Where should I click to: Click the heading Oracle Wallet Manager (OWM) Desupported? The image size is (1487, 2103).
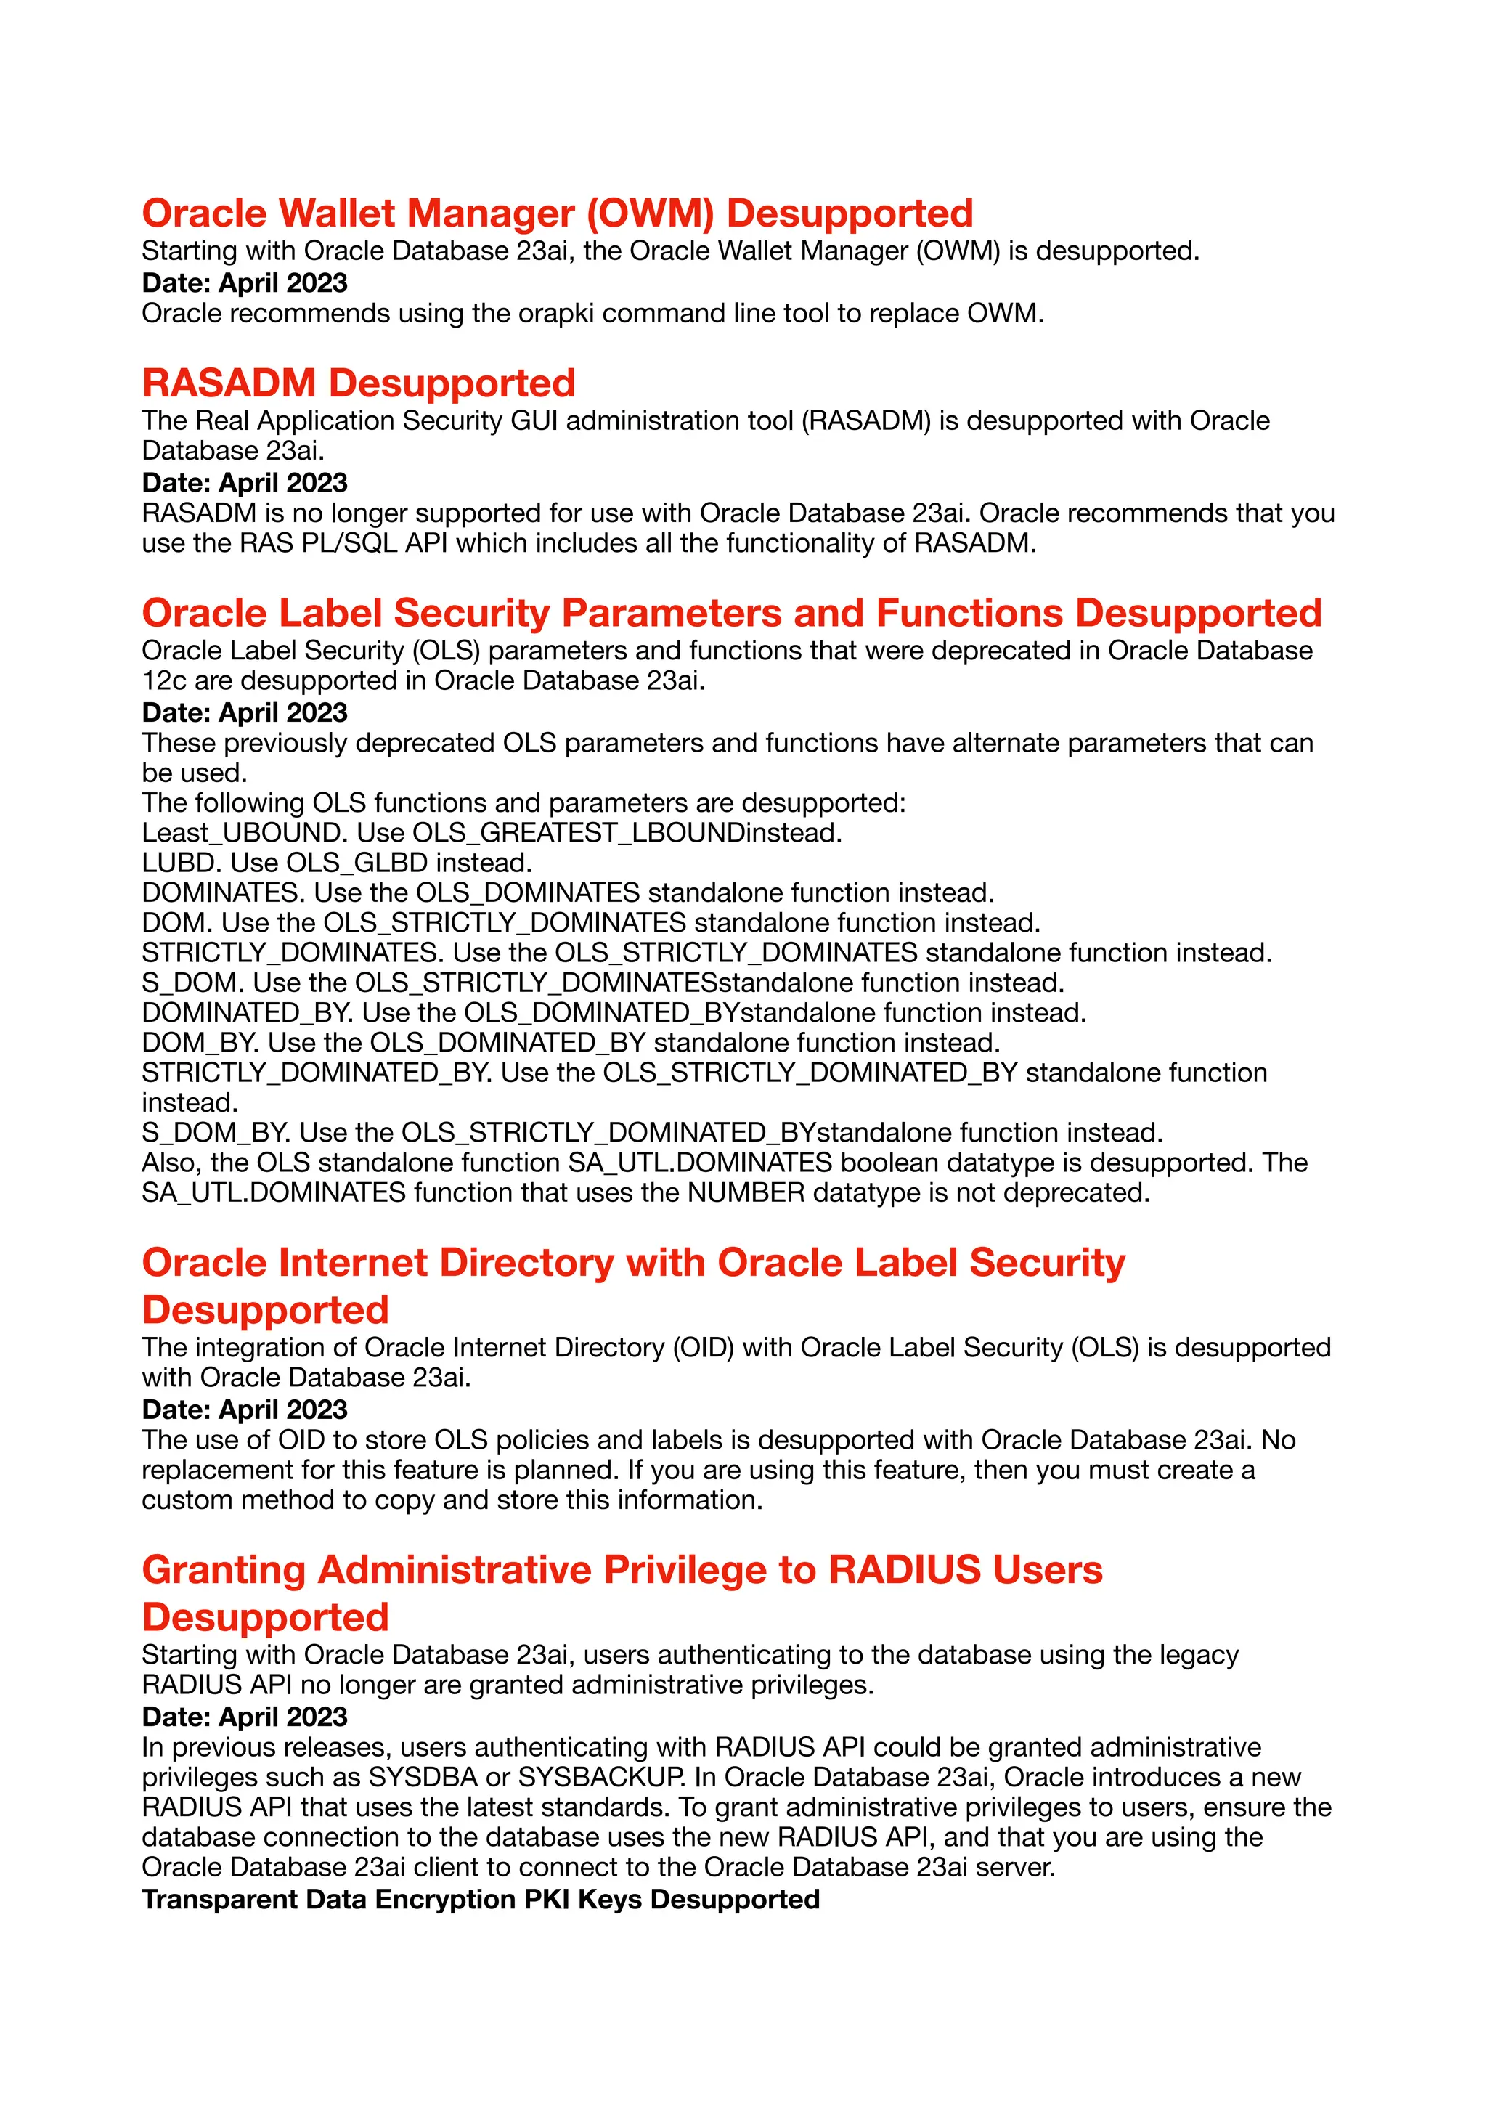557,213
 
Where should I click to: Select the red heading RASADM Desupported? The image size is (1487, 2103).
358,383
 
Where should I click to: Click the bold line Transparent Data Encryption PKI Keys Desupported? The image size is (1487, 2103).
480,1899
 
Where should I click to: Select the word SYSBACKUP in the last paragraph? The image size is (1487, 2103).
600,1777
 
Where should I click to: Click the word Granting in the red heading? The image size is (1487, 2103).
224,1570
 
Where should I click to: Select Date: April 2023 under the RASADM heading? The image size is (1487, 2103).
245,483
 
